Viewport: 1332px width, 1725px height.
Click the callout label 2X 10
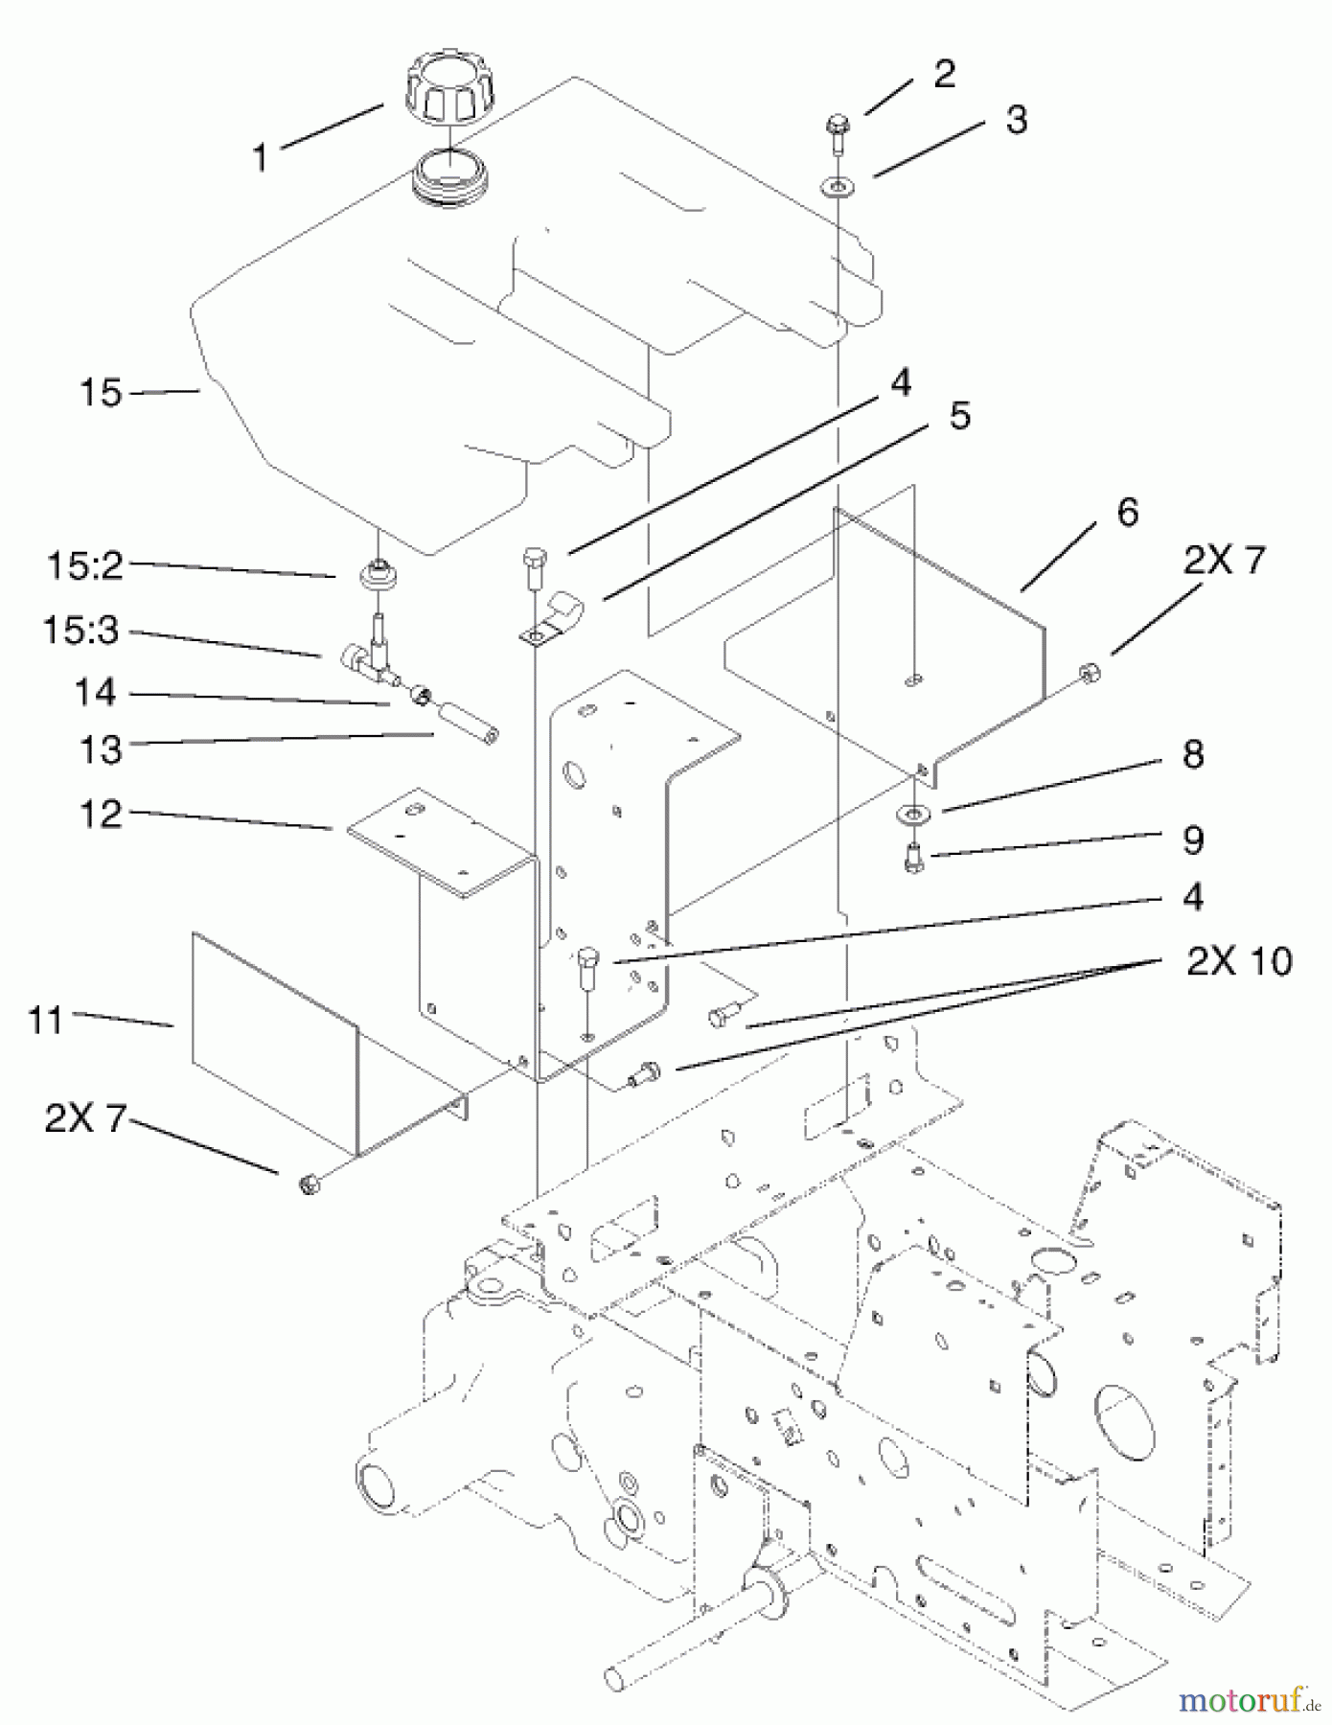point(1239,961)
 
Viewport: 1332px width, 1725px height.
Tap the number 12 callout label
point(101,815)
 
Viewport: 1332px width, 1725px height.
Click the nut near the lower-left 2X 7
point(309,1184)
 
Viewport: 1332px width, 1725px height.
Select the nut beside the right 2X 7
point(1090,674)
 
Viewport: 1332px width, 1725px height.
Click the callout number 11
point(46,1021)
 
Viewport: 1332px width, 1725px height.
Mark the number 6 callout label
point(1128,513)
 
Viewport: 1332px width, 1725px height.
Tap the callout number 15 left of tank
point(101,393)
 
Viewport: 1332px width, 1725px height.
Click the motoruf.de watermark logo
point(1249,1700)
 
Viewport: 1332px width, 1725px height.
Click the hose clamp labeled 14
point(422,694)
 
